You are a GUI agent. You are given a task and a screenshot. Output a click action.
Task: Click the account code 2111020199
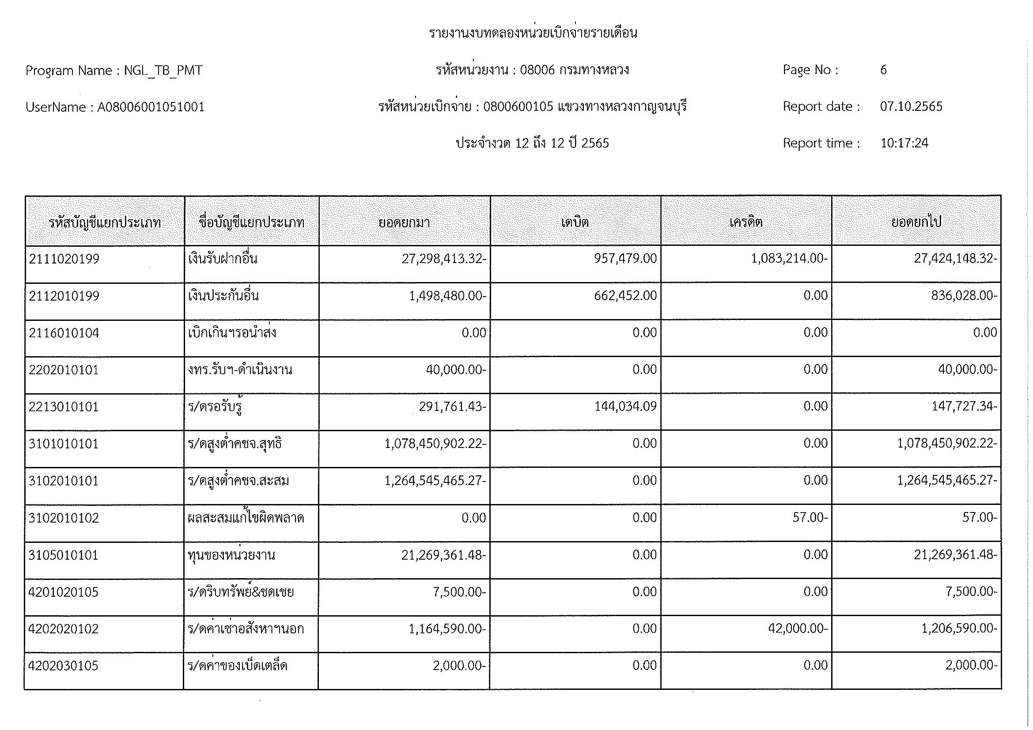(x=64, y=259)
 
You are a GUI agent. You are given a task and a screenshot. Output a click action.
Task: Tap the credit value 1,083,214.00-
(x=789, y=259)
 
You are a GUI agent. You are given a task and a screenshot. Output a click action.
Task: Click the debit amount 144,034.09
(x=625, y=406)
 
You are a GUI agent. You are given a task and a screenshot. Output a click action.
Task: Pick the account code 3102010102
(x=64, y=518)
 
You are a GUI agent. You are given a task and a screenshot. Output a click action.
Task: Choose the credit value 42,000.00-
(x=798, y=628)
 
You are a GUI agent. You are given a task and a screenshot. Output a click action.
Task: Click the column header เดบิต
(x=575, y=222)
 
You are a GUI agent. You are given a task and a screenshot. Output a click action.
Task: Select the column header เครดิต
(x=746, y=222)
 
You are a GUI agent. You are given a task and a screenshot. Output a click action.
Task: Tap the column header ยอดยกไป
(x=916, y=222)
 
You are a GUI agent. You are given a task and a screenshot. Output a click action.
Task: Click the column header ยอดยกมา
(x=404, y=222)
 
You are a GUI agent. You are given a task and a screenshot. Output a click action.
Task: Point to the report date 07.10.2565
(x=911, y=106)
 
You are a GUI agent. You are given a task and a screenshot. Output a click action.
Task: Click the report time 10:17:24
(x=904, y=143)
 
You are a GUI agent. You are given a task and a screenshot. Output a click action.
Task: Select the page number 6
(x=884, y=70)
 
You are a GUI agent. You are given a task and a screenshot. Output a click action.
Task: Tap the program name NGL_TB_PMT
(x=163, y=71)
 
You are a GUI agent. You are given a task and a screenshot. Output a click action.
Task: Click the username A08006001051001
(x=151, y=107)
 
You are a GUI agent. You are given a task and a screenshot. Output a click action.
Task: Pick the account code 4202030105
(x=63, y=666)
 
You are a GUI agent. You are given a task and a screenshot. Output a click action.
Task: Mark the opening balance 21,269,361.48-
(x=443, y=555)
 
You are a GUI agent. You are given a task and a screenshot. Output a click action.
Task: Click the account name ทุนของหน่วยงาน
(x=231, y=555)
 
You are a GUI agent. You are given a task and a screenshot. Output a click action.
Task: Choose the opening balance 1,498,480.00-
(x=447, y=296)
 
